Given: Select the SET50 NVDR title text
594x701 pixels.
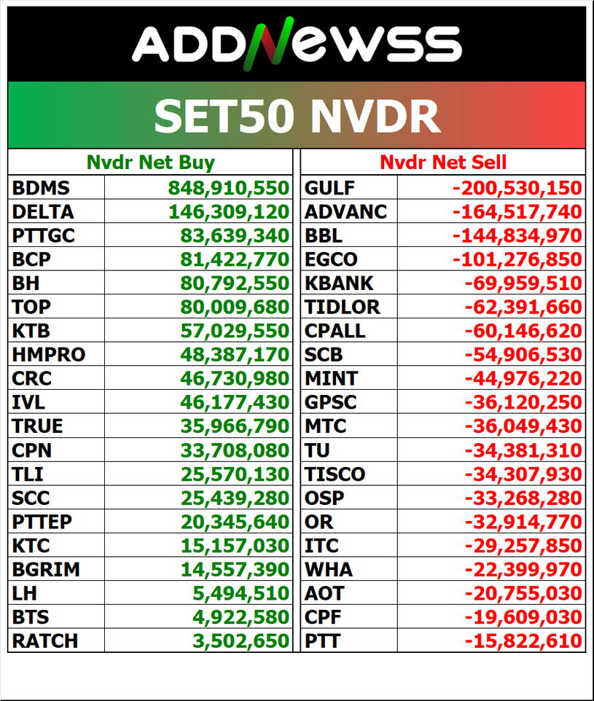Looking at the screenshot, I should tap(297, 116).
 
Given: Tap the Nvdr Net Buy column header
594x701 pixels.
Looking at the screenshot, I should tap(151, 162).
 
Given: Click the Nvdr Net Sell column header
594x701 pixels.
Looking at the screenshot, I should tap(443, 162).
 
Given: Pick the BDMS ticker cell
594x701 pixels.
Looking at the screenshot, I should tap(41, 188).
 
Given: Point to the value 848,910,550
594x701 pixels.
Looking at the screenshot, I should tap(229, 188).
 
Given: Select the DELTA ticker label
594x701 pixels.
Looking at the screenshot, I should tap(43, 212).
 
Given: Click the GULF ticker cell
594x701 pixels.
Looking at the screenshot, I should tap(329, 188).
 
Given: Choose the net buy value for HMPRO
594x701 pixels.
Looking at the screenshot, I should tap(235, 355).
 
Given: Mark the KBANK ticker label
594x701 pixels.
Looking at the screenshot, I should tap(339, 283).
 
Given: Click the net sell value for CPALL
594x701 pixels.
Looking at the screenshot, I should tap(523, 331).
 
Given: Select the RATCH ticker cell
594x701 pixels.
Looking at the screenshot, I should tap(45, 641).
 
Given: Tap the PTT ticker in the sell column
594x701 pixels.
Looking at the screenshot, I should tap(322, 641).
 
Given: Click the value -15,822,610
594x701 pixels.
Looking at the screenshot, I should tap(523, 641).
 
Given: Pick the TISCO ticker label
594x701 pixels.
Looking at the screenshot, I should tap(335, 474).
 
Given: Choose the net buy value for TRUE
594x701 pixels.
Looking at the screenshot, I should tap(235, 426).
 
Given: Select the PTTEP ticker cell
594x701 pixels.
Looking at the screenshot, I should tap(42, 522).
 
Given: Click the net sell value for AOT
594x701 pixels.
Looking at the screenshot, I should tap(523, 593).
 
